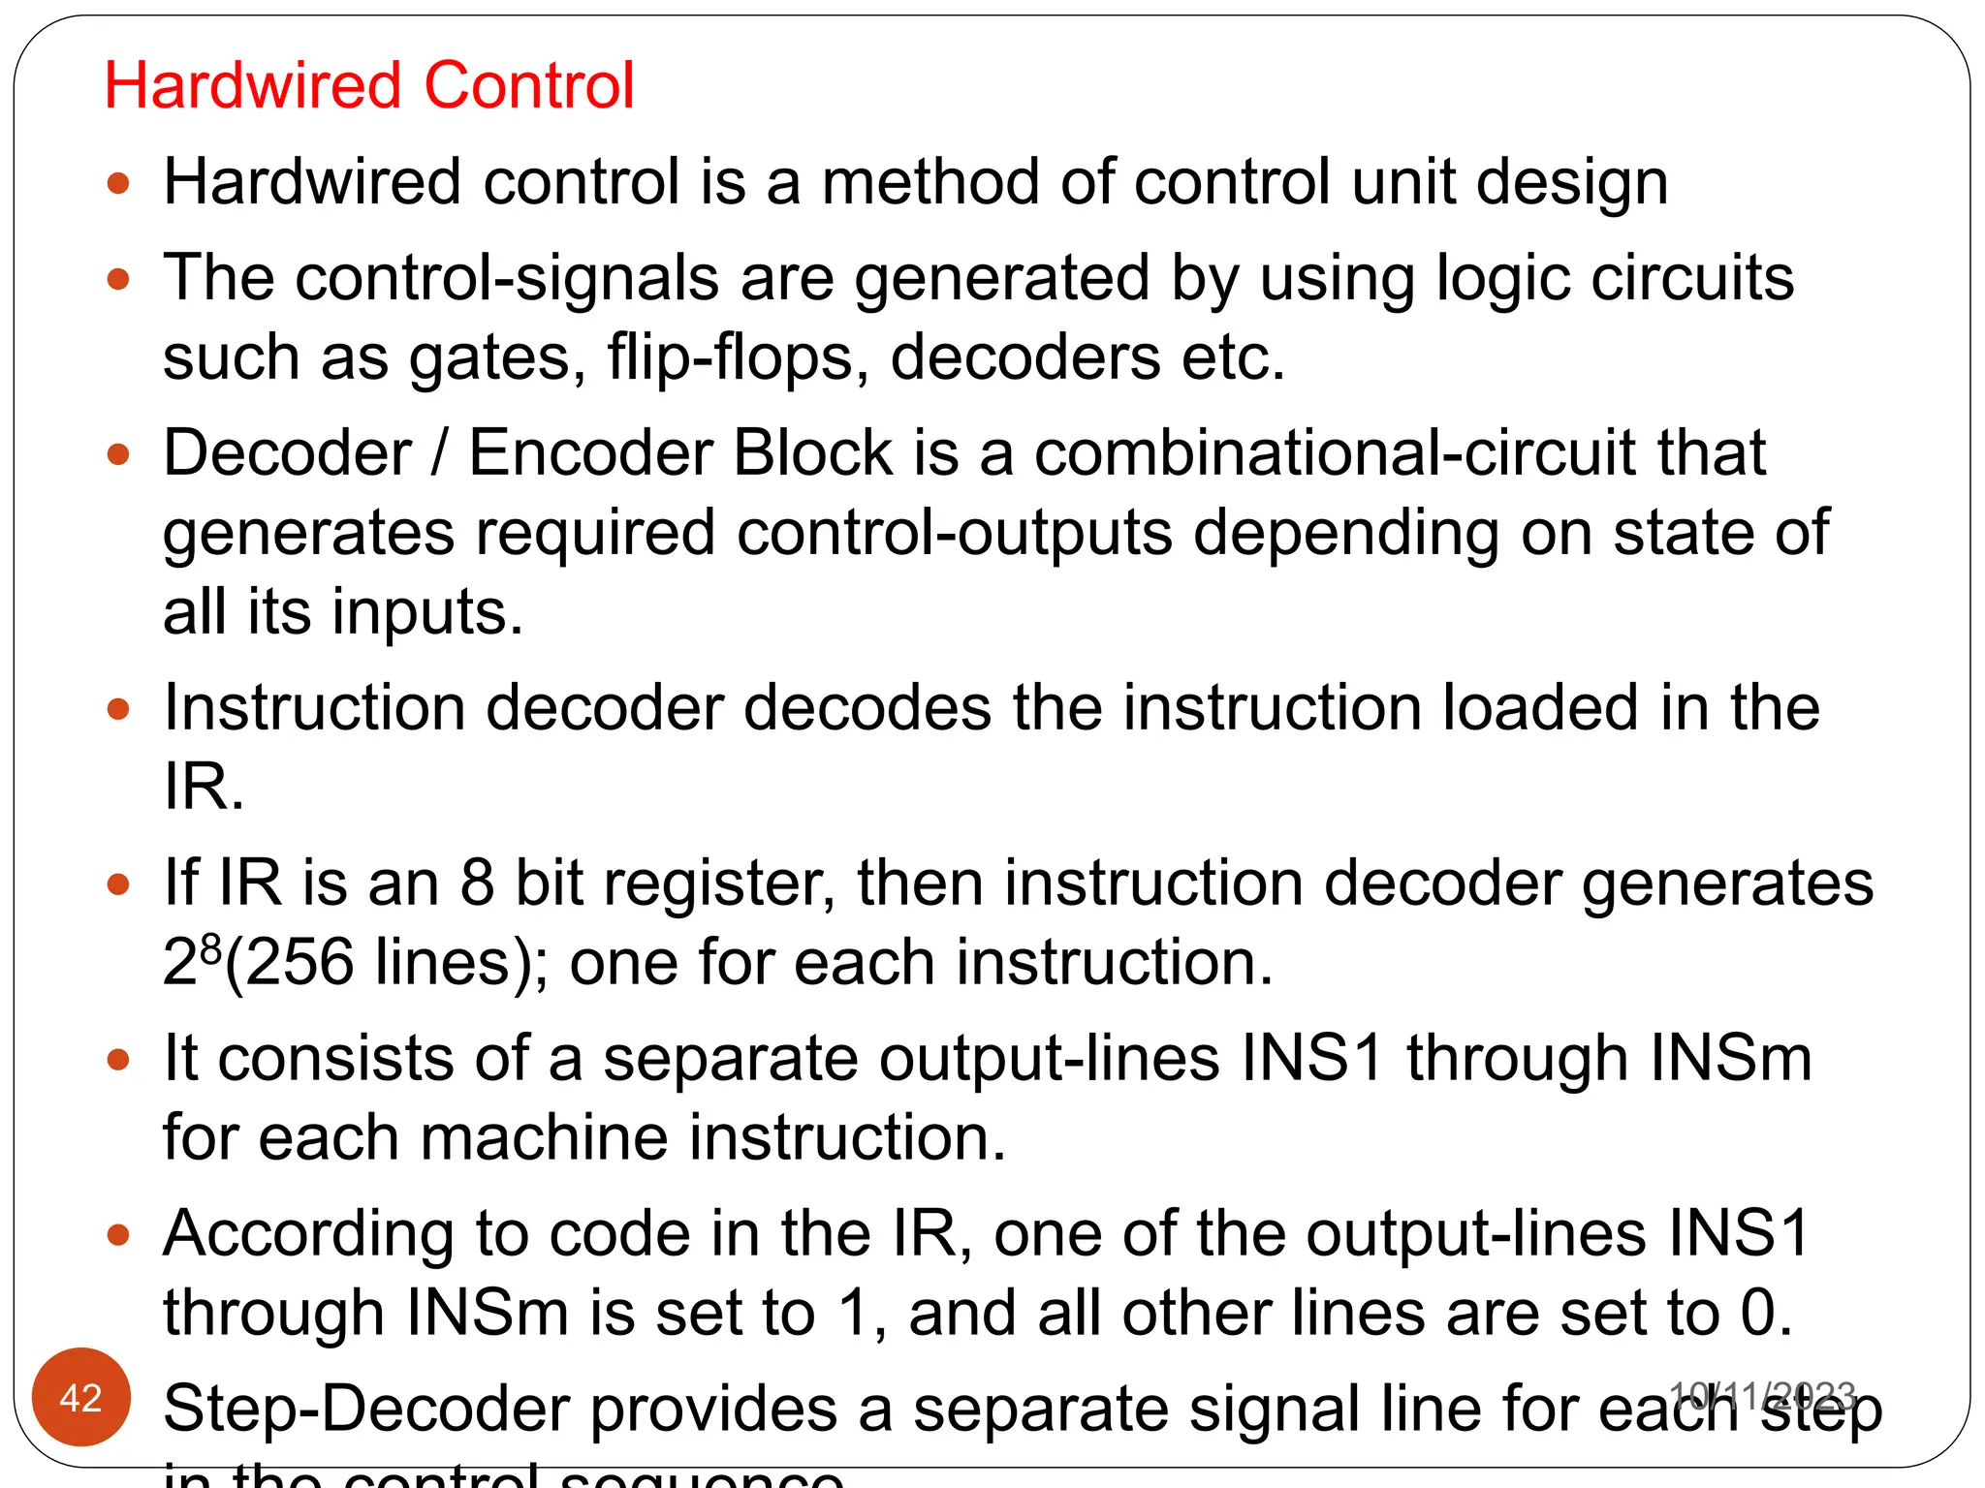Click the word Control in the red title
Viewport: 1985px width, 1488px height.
[x=529, y=85]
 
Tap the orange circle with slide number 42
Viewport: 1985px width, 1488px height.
[x=80, y=1397]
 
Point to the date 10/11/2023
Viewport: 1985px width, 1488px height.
[x=1762, y=1395]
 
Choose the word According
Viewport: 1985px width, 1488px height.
[x=308, y=1234]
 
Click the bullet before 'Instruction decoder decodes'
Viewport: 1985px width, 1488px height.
[x=118, y=709]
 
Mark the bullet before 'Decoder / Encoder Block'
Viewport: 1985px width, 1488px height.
[x=118, y=453]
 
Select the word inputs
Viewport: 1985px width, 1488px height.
[x=427, y=612]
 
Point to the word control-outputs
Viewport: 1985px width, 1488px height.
[x=955, y=533]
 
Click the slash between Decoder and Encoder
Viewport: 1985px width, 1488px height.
[x=441, y=452]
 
